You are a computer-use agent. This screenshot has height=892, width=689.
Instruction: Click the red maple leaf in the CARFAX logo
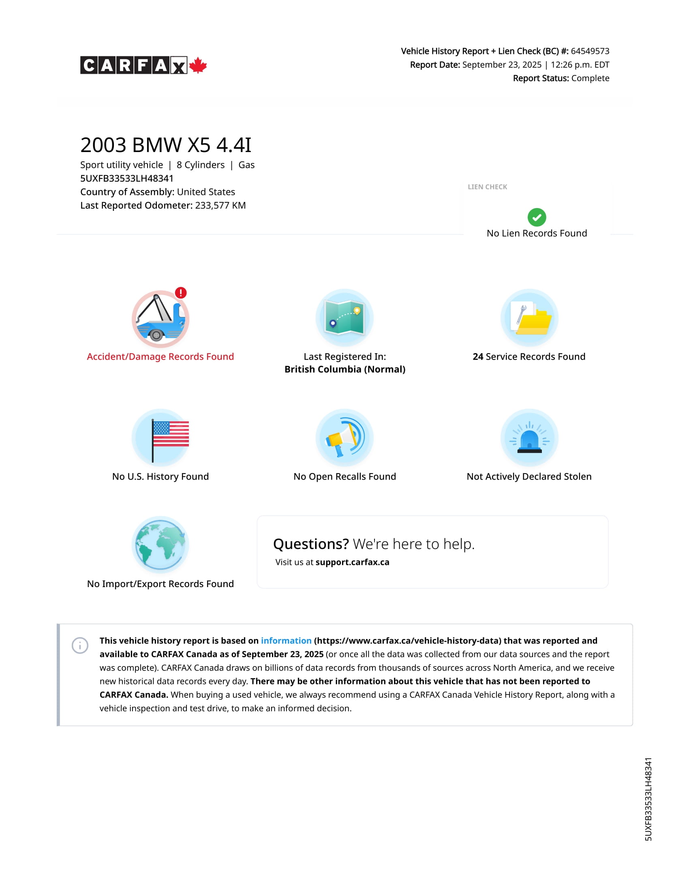point(198,65)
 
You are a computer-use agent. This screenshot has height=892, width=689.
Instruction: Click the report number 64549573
point(590,51)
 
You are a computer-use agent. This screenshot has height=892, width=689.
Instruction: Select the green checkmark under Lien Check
point(537,217)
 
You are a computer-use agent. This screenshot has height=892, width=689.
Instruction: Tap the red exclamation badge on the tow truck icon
point(181,293)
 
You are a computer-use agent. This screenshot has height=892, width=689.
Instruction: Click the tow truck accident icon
point(160,319)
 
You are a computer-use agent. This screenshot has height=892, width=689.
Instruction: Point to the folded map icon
point(344,317)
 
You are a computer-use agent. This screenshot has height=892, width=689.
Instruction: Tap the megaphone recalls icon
point(344,437)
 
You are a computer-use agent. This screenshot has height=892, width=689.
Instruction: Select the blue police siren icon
point(529,438)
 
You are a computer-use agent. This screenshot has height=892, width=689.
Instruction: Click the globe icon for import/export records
point(160,545)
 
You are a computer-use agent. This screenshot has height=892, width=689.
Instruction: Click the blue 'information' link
point(286,640)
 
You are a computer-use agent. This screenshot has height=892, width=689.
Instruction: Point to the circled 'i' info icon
point(80,645)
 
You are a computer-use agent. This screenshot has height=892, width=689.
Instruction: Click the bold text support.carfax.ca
point(352,562)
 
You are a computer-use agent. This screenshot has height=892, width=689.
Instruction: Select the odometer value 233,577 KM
point(220,206)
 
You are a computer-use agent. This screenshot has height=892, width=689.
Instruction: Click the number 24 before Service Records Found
point(478,356)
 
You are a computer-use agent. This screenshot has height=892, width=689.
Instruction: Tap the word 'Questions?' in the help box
point(311,544)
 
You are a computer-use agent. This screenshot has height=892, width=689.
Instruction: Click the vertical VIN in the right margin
point(648,799)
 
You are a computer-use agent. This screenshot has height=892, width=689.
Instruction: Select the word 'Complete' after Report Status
point(590,78)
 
